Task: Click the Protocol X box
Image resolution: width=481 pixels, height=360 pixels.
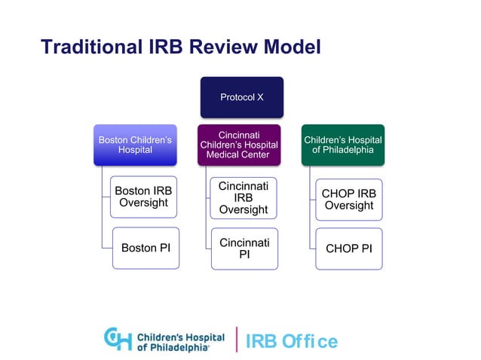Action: click(x=241, y=97)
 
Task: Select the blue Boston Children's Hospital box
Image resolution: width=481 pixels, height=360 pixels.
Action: click(x=135, y=145)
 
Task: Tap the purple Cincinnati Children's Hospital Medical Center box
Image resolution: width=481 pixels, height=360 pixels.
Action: click(x=238, y=145)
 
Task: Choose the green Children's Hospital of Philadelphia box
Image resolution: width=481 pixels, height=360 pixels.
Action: click(x=343, y=145)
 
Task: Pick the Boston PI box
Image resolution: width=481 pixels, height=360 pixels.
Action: click(x=146, y=247)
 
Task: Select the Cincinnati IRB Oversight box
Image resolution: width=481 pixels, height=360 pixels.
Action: click(x=244, y=197)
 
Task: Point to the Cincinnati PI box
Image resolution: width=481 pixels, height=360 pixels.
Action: click(x=244, y=249)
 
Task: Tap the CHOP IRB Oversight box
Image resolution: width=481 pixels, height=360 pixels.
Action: click(x=348, y=200)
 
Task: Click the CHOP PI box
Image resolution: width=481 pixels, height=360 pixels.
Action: click(x=348, y=248)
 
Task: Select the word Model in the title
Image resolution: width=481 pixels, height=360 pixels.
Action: click(x=290, y=47)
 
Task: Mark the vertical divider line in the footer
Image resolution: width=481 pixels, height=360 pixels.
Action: click(x=237, y=340)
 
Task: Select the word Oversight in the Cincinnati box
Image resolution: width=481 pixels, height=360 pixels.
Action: click(x=244, y=209)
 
